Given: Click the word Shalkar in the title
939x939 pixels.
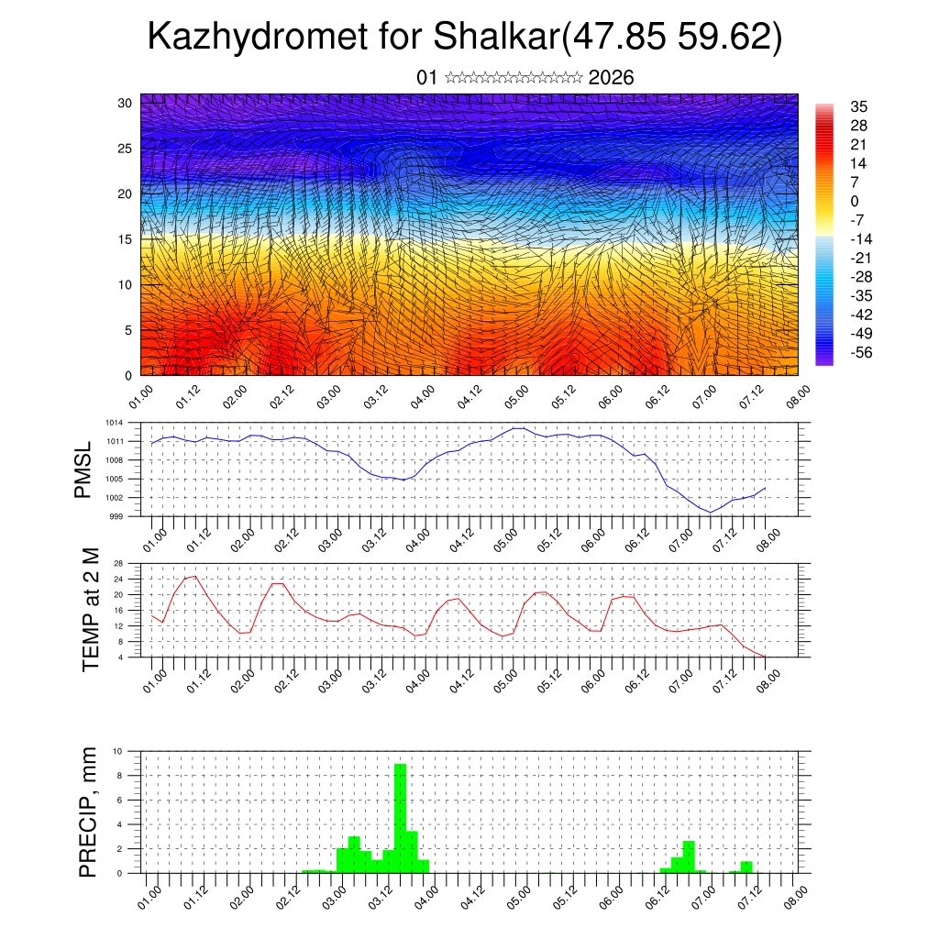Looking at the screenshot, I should tap(494, 38).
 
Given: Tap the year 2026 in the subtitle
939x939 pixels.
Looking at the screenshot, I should tap(611, 77).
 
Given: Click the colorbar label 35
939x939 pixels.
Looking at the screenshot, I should tap(858, 106).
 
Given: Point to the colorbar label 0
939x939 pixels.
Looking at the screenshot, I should tap(855, 201).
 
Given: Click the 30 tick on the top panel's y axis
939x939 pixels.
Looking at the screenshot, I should tap(126, 103).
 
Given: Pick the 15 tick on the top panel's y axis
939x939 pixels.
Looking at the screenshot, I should tap(126, 239).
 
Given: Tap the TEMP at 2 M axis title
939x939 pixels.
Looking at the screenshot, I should tap(90, 611).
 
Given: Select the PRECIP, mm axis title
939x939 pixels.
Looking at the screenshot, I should tap(87, 812).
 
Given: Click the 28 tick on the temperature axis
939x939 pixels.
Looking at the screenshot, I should tap(119, 563).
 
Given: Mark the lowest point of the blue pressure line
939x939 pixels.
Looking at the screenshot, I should tap(710, 512).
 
